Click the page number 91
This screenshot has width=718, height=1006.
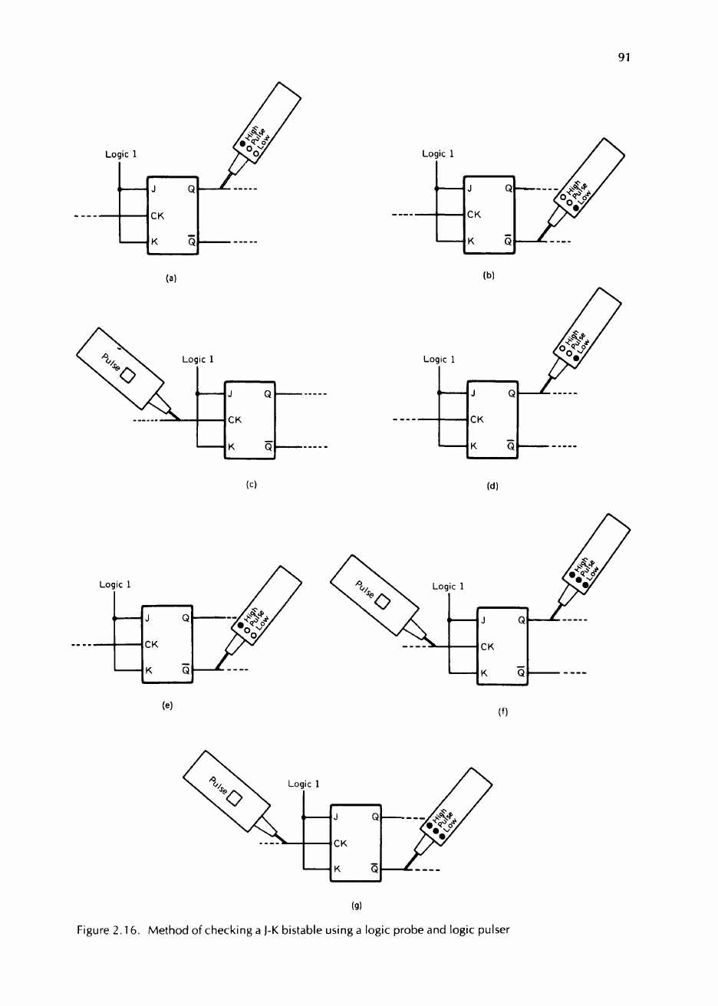[624, 57]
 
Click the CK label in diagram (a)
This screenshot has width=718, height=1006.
[157, 216]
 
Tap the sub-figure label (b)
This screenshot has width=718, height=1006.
[489, 276]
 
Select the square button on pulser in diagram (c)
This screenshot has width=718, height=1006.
[128, 376]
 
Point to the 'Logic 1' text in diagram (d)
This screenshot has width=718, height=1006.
[439, 360]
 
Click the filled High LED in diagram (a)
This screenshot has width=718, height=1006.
[243, 143]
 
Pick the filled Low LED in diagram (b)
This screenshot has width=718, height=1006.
[576, 209]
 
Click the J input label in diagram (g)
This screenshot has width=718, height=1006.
[336, 817]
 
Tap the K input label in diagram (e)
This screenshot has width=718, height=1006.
[149, 670]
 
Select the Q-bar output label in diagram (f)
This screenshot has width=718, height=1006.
[521, 672]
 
